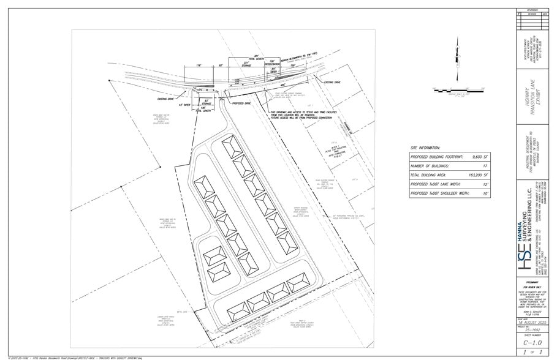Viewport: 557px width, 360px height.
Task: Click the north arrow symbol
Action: point(457,55)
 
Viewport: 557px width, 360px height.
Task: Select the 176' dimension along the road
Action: point(198,65)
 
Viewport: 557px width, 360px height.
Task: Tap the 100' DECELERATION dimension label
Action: point(271,64)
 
